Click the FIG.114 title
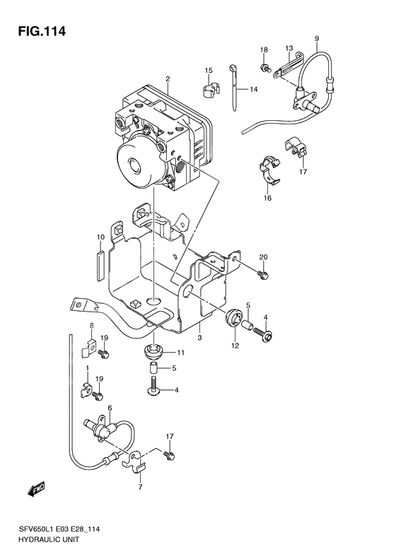(x=42, y=31)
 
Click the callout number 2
(x=168, y=78)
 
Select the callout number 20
(x=263, y=257)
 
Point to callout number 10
(x=100, y=237)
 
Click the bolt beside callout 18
(x=264, y=67)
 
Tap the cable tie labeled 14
(x=233, y=87)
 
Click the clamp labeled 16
(x=269, y=170)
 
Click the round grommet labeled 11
(x=154, y=352)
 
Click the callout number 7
(x=140, y=487)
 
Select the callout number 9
(x=317, y=38)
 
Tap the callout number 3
(x=199, y=337)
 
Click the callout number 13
(x=289, y=48)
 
